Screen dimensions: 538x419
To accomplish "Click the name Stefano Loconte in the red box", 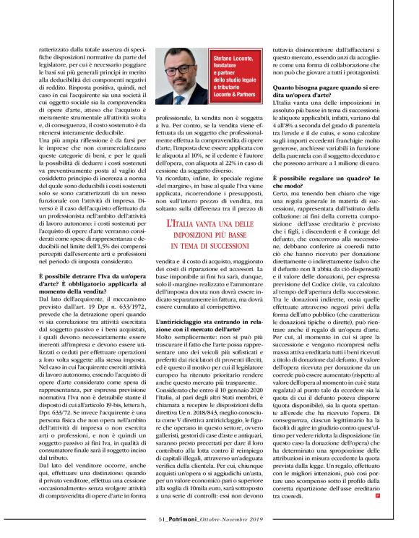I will coord(230,59).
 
